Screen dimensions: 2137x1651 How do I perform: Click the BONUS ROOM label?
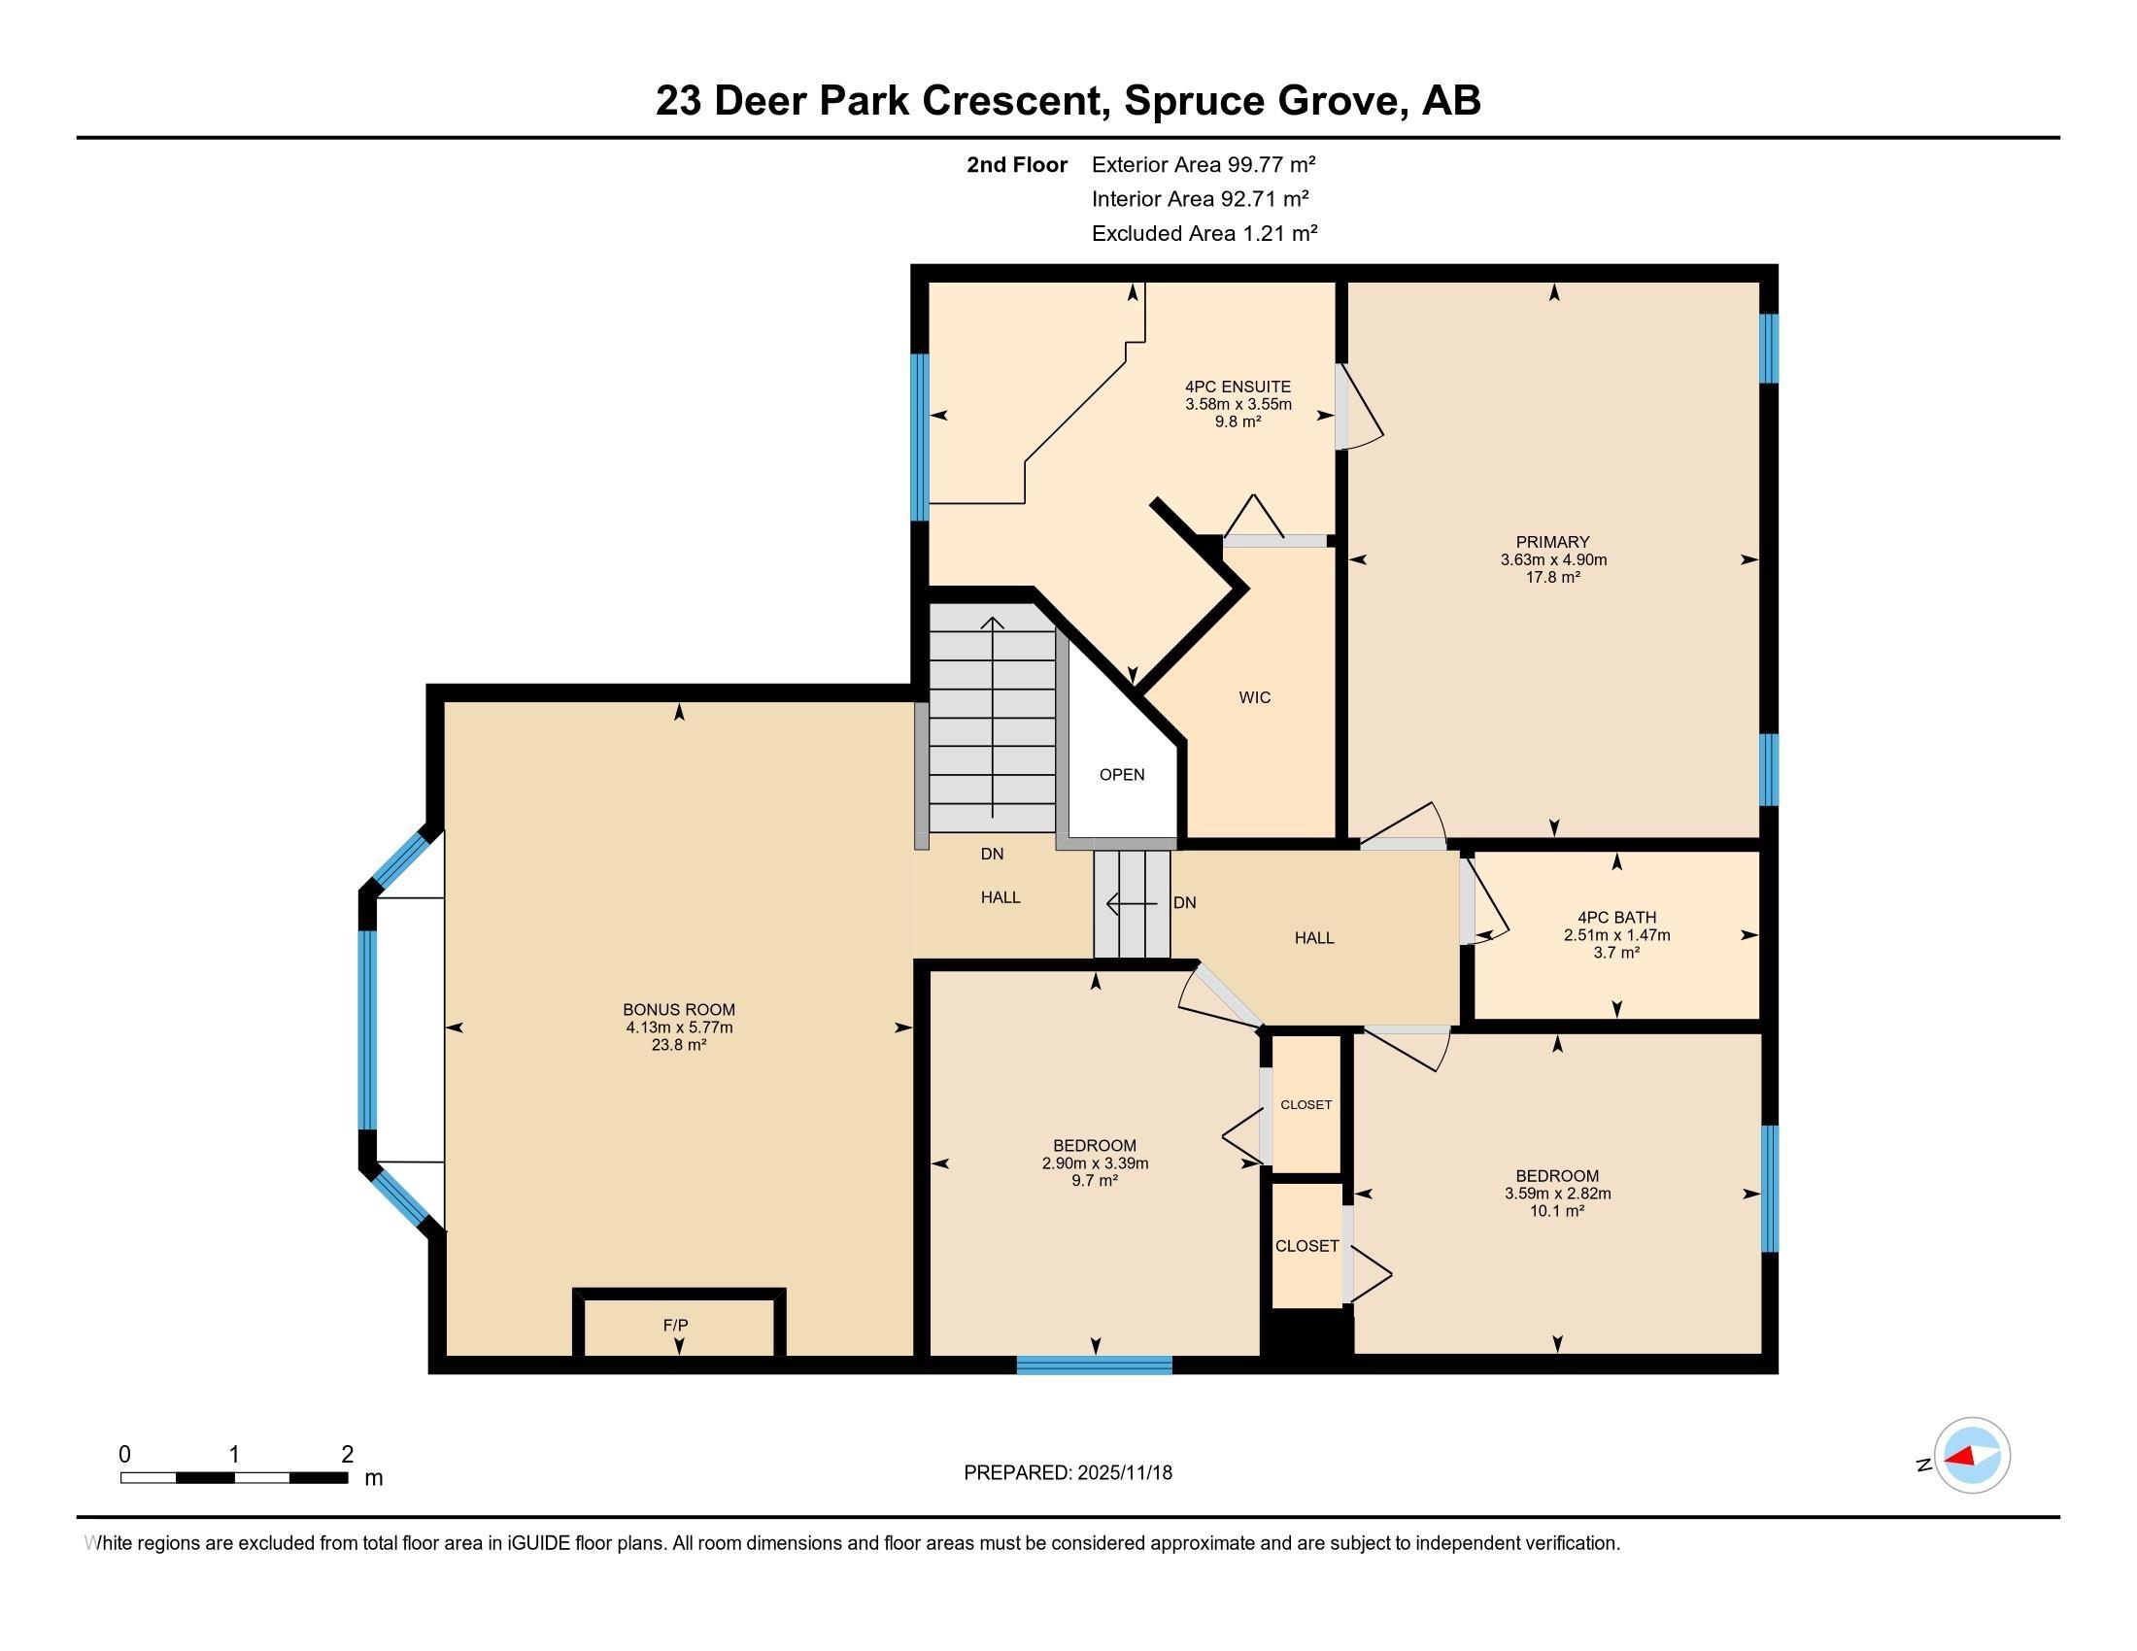[679, 1009]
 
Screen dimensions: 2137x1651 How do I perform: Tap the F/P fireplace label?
[675, 1326]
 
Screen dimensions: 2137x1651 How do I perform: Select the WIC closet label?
[1254, 697]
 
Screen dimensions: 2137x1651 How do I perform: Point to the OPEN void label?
[1121, 775]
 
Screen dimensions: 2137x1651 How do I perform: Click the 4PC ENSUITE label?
[1238, 387]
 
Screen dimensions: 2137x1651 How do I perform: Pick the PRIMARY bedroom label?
[1553, 542]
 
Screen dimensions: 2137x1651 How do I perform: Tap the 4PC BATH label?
[1616, 918]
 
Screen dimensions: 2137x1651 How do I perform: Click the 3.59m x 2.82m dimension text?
[1558, 1194]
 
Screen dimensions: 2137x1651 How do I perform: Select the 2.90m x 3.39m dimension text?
[1095, 1162]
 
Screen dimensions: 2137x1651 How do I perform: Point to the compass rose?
[1972, 1456]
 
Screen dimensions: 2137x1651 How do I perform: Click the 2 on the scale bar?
[347, 1455]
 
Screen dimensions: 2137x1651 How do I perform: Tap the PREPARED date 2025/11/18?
[1123, 1472]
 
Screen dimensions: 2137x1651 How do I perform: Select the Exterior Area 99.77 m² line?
[1204, 164]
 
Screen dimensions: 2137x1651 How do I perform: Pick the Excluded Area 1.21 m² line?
[1204, 233]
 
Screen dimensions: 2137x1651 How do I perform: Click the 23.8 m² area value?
[679, 1045]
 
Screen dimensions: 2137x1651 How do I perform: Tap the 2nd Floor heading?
[1017, 164]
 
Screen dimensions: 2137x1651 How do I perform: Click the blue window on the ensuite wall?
[920, 437]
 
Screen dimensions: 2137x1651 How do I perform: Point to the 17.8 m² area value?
[1553, 577]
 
